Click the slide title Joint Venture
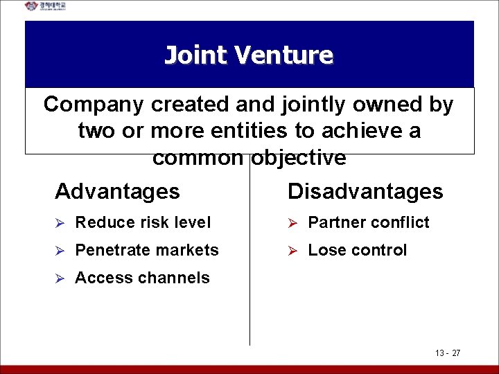pos(249,55)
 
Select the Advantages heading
pos(117,191)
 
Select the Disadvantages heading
pos(365,191)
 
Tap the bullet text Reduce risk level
pos(143,222)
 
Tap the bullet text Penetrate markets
pos(147,250)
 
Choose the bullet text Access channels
pos(142,278)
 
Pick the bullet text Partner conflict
pos(369,222)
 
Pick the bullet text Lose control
pos(358,250)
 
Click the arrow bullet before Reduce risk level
pos(60,223)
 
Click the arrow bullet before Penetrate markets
pos(60,251)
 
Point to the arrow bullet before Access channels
pos(60,278)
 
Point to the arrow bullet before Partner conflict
pos(292,223)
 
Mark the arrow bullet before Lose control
pos(292,251)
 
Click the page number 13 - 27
pos(448,353)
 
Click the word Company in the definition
pos(94,105)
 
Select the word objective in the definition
pos(298,158)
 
